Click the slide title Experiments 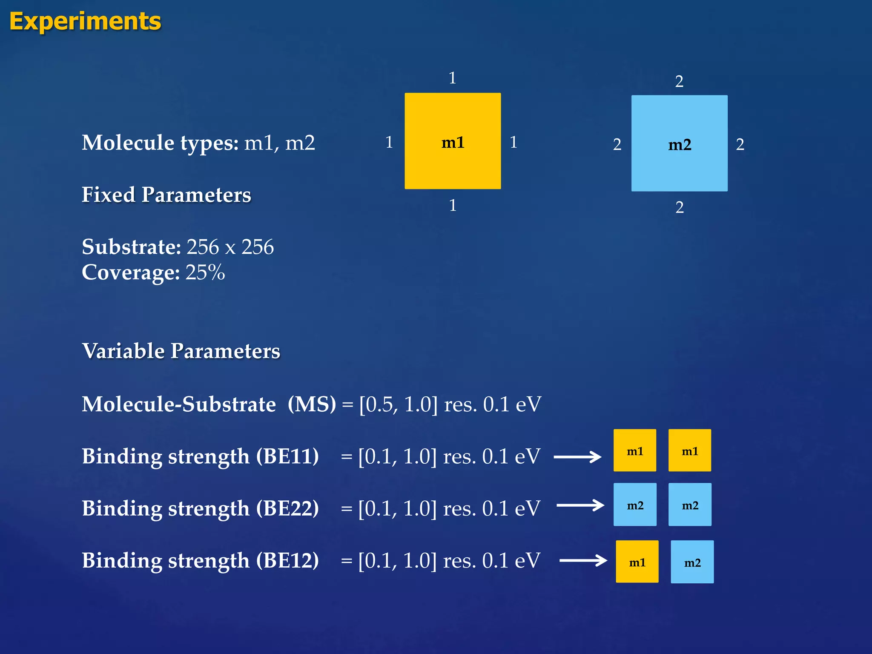tap(85, 21)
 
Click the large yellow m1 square tap(453, 141)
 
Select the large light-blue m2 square tap(679, 143)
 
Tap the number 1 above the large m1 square tap(452, 78)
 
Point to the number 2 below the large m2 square tap(680, 207)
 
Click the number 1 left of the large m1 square tap(389, 142)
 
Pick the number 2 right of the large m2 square tap(740, 145)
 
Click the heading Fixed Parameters tap(166, 195)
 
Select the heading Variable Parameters tap(181, 351)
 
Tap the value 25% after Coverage tap(205, 272)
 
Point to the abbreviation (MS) tap(312, 404)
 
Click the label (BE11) tap(287, 456)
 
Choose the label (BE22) tap(287, 508)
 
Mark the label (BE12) tap(287, 560)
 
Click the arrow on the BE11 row tap(577, 457)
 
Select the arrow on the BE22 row tap(580, 505)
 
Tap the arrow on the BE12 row tap(583, 560)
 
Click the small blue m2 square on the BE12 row tap(692, 562)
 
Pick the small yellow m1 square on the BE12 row tap(637, 562)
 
